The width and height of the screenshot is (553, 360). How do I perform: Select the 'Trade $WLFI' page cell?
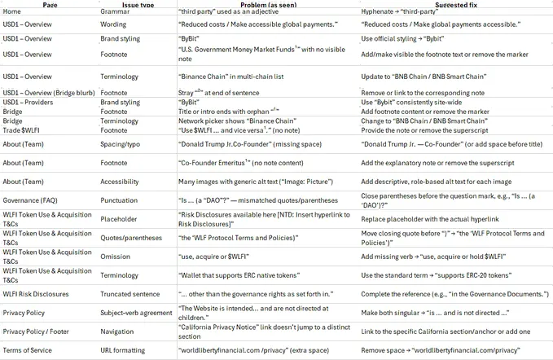pyautogui.click(x=24, y=130)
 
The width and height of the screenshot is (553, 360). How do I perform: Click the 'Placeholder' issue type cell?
pyautogui.click(x=121, y=220)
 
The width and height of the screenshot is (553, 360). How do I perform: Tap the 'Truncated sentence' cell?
pyautogui.click(x=131, y=293)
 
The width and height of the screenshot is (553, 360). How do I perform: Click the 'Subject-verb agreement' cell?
pyautogui.click(x=138, y=313)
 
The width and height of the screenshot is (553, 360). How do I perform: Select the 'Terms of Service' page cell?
pyautogui.click(x=29, y=350)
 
